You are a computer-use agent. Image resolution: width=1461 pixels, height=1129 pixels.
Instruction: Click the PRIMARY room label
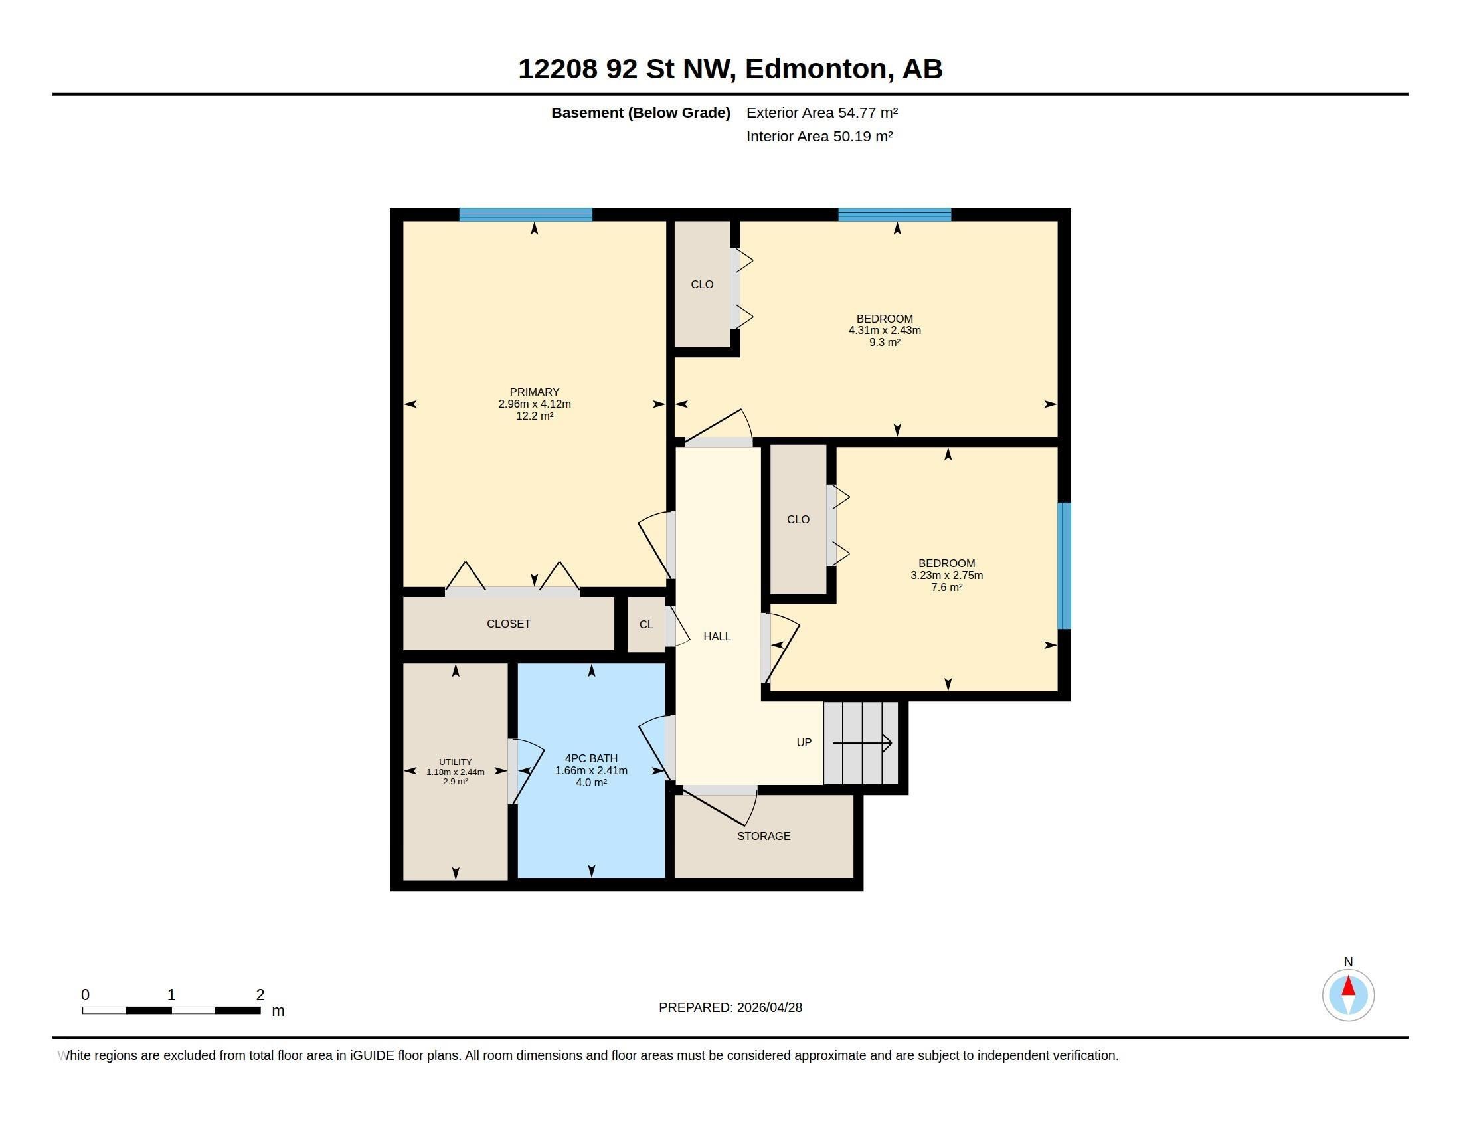pyautogui.click(x=534, y=392)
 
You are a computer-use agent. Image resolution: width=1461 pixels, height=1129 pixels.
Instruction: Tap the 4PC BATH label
pyautogui.click(x=591, y=758)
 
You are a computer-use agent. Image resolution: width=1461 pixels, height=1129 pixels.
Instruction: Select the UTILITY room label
pyautogui.click(x=455, y=762)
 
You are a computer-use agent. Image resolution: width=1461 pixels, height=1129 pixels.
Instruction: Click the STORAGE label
pyautogui.click(x=763, y=836)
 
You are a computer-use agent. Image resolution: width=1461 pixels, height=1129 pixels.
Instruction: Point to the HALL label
pyautogui.click(x=717, y=636)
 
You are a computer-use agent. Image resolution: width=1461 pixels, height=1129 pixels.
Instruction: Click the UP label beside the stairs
pyautogui.click(x=804, y=742)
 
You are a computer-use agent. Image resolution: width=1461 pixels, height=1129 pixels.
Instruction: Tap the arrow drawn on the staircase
pyautogui.click(x=862, y=743)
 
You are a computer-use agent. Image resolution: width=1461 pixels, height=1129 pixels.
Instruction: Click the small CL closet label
pyautogui.click(x=646, y=625)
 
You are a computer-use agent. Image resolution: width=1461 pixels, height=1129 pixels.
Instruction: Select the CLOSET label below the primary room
pyautogui.click(x=509, y=624)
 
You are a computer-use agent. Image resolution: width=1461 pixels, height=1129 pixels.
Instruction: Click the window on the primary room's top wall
pyautogui.click(x=526, y=215)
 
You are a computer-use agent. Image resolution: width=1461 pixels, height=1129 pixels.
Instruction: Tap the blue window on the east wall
pyautogui.click(x=1064, y=566)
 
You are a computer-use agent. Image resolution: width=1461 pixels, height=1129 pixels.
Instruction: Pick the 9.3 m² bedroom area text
pyautogui.click(x=885, y=343)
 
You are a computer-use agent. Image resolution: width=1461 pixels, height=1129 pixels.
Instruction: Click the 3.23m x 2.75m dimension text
pyautogui.click(x=946, y=575)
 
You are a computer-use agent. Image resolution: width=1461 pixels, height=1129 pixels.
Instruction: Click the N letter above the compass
pyautogui.click(x=1349, y=962)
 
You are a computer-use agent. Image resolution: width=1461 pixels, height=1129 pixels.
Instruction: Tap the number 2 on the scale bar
pyautogui.click(x=260, y=995)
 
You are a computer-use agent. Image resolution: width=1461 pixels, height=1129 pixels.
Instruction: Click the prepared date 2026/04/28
pyautogui.click(x=769, y=1007)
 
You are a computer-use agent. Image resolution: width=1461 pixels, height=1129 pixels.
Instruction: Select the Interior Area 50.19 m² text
pyautogui.click(x=819, y=136)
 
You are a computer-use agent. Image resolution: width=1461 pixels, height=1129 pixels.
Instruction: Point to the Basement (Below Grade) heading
pyautogui.click(x=640, y=113)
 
